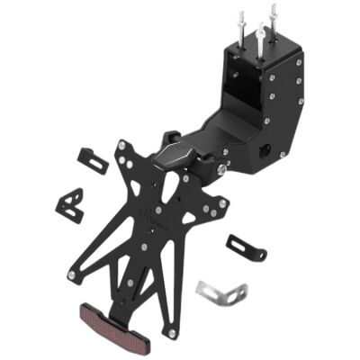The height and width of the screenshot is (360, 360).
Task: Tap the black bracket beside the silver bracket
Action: pyautogui.click(x=246, y=247)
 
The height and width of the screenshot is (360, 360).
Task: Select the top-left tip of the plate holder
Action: pyautogui.click(x=122, y=144)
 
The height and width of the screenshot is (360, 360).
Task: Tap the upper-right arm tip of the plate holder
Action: pyautogui.click(x=221, y=202)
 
